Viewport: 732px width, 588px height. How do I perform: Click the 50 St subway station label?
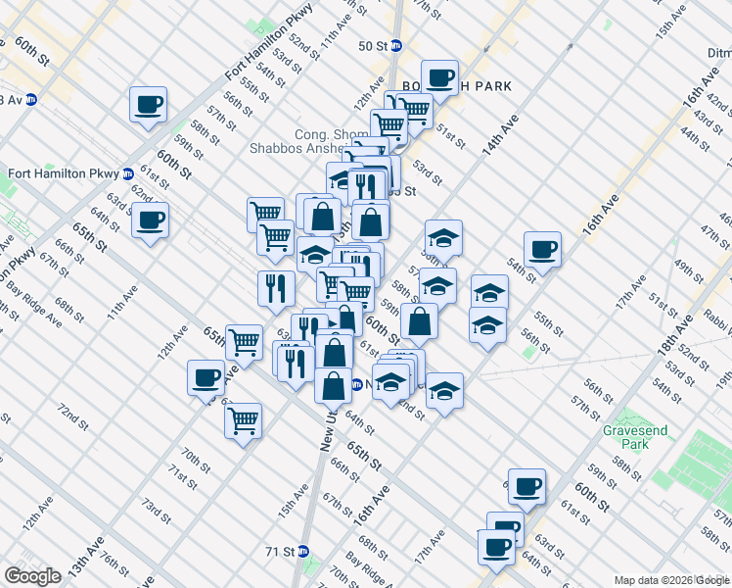coord(373,46)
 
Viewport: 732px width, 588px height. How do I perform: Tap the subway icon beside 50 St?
coord(396,46)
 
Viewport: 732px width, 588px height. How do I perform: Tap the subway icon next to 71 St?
coord(303,552)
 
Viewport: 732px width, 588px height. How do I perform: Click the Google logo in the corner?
coord(33,576)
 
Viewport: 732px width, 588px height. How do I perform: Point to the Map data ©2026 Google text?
coord(670,580)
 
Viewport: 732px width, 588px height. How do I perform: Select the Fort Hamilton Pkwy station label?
coord(63,174)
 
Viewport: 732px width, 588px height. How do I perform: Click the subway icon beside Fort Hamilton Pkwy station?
coord(128,174)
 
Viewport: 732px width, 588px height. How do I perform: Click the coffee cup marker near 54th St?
coord(542,248)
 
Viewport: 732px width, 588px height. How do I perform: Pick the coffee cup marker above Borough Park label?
coord(439,76)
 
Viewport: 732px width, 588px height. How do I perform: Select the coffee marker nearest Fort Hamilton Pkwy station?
coord(150,219)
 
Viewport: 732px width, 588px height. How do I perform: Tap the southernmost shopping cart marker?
coord(243,419)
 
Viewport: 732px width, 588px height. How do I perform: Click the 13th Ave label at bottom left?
coord(79,570)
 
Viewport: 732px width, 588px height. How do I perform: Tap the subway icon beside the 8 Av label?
coord(31,99)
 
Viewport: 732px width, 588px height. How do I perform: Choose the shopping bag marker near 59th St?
coord(419,318)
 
